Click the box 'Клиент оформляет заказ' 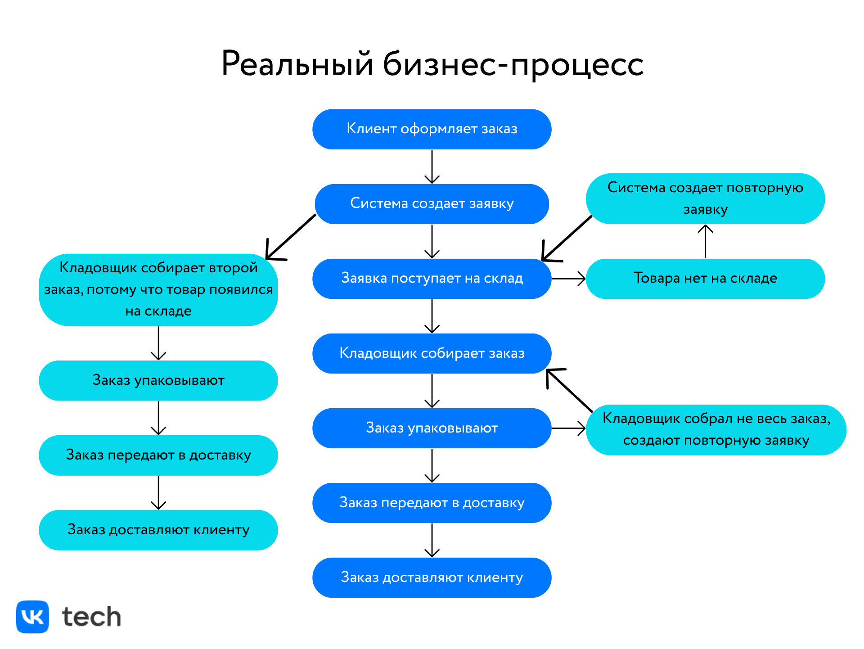coord(432,129)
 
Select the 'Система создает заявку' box coord(432,204)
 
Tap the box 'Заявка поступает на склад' coord(432,279)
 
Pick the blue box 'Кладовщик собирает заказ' coord(432,353)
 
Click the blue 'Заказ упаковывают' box coord(432,428)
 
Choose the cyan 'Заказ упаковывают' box coord(158,380)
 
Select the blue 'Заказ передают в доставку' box coord(432,503)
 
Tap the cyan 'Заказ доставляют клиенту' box coord(158,530)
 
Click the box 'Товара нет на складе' coord(705,279)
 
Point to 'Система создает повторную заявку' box coord(705,198)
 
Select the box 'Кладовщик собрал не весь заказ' coord(716,430)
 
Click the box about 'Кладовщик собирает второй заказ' coord(158,289)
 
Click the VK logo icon coord(32,617)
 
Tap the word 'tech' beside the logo coord(92,617)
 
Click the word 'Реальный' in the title coord(297,64)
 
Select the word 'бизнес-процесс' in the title coord(513,64)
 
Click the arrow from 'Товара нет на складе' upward coord(705,242)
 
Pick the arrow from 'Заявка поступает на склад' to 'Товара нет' coord(568,279)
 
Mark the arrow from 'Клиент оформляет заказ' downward coord(432,167)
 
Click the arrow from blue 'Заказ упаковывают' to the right coord(568,428)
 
